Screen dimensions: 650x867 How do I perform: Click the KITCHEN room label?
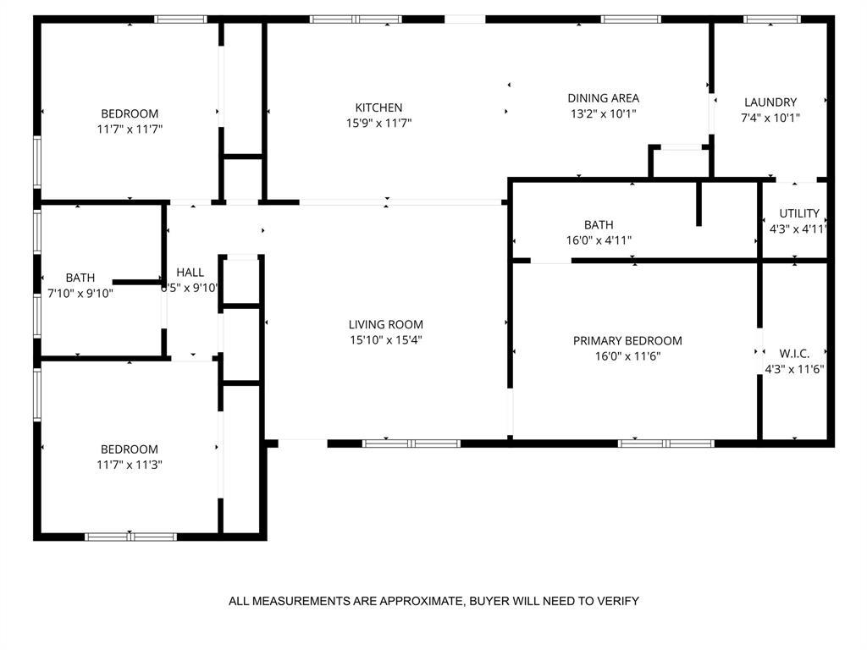tap(378, 107)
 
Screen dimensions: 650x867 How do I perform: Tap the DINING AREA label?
tap(603, 98)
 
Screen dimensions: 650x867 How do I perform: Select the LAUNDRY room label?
tap(770, 102)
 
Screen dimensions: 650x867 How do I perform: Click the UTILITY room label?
tap(799, 213)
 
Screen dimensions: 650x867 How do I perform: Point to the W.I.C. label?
tap(794, 353)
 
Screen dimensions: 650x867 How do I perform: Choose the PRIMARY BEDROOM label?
tap(627, 341)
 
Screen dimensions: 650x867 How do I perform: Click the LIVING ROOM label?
tap(385, 324)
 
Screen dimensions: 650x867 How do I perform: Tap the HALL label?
tap(191, 273)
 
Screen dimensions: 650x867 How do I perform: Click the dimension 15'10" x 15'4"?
tap(385, 340)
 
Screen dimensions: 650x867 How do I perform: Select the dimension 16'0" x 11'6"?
tap(627, 356)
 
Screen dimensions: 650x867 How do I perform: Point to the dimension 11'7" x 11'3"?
tap(130, 465)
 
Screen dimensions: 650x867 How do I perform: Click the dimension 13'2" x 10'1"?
tap(603, 113)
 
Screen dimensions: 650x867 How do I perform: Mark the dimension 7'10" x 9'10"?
tap(80, 294)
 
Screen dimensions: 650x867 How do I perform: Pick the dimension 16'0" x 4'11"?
tap(599, 240)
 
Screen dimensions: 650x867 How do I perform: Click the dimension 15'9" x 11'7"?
tap(378, 124)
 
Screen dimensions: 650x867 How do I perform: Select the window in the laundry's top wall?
tap(771, 19)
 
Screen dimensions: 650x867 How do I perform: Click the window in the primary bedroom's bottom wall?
tap(666, 443)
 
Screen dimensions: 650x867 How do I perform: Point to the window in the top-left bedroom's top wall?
tap(180, 19)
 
